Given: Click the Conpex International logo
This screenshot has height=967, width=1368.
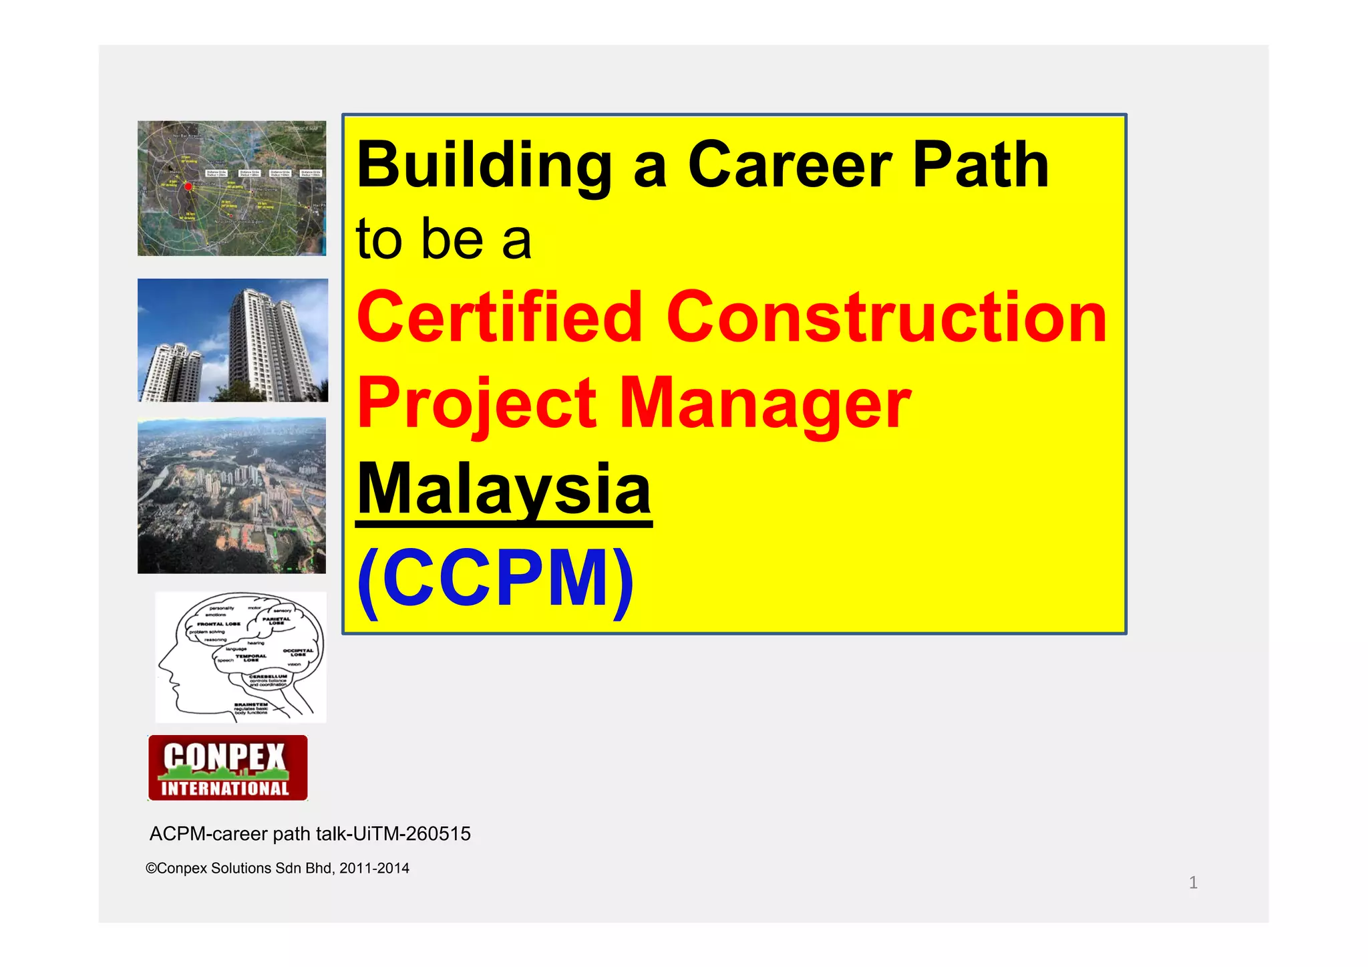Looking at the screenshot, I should (228, 768).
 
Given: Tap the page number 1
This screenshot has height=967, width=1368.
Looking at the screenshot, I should (1193, 883).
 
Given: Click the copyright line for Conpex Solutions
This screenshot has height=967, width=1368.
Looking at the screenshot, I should (277, 868).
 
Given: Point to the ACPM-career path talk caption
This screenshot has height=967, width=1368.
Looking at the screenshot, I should (310, 834).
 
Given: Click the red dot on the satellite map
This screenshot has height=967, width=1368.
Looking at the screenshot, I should (188, 186).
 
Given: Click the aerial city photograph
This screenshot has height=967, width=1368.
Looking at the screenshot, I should (232, 495).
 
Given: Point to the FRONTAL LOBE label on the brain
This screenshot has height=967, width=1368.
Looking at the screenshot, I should (218, 624).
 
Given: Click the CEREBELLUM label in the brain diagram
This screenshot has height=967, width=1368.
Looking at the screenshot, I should (268, 676).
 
